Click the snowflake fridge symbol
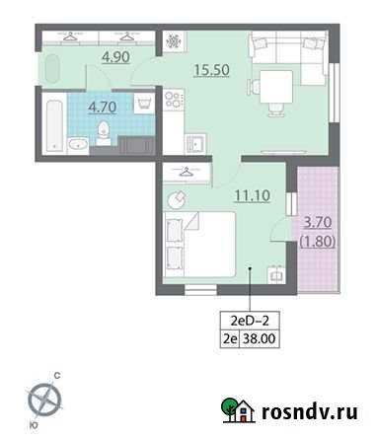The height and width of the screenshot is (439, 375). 172,43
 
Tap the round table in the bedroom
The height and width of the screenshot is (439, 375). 176,199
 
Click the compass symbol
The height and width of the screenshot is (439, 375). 45,399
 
